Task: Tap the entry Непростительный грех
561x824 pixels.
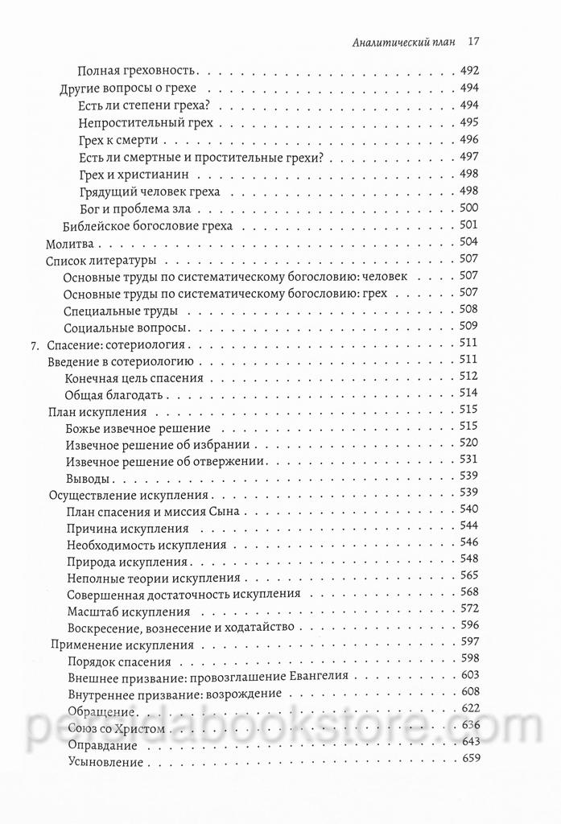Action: (145, 122)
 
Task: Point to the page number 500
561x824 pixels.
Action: (468, 208)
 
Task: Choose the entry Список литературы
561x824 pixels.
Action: (102, 260)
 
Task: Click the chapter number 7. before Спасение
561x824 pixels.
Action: (34, 345)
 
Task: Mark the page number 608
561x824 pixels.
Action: (468, 693)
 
